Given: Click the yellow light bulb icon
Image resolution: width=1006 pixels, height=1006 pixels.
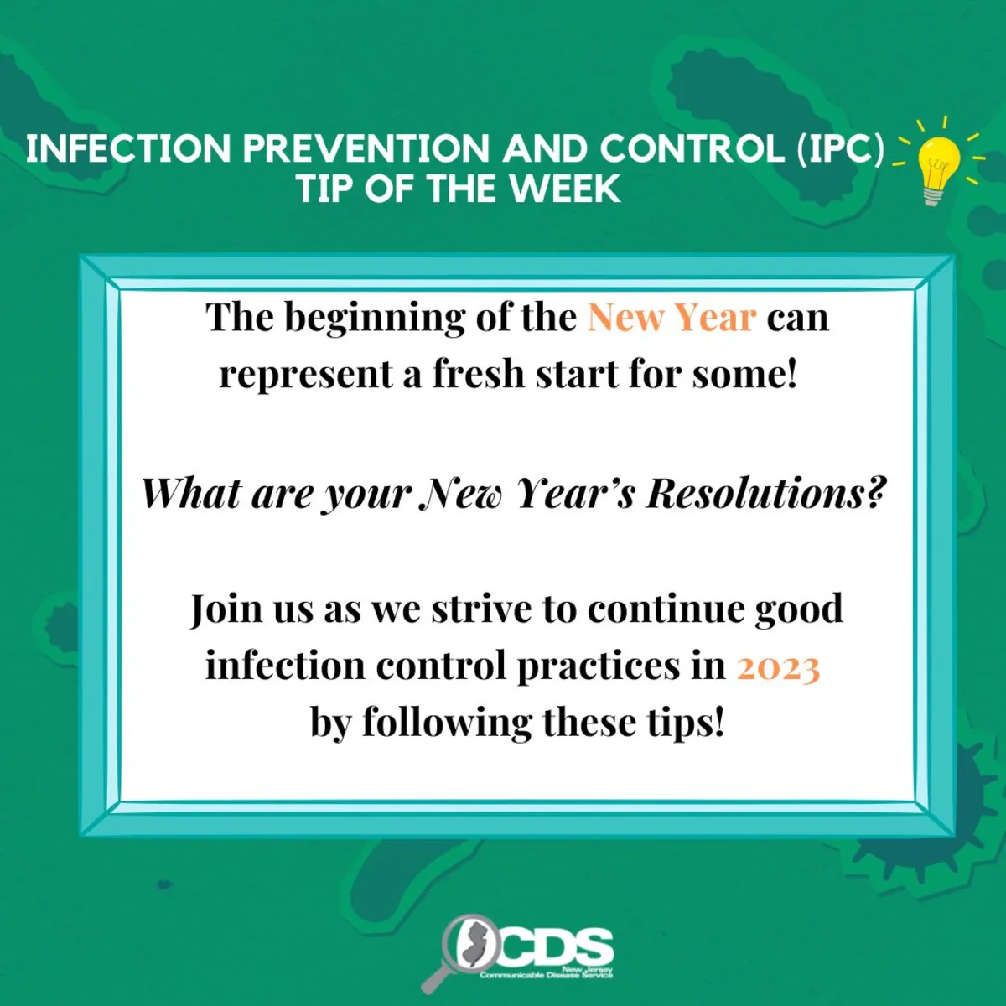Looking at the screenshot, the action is pos(939,169).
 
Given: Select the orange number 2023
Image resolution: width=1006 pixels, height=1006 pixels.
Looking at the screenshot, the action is pos(778,669).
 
